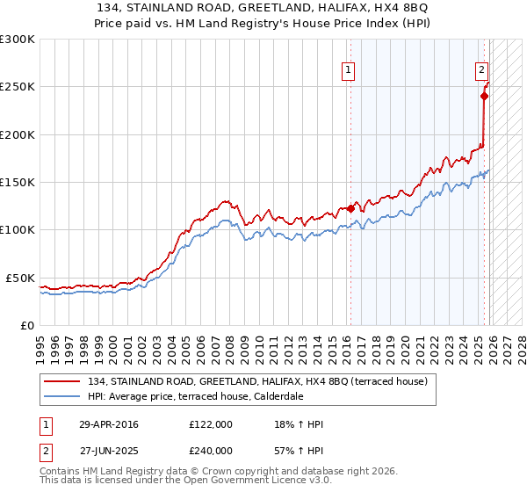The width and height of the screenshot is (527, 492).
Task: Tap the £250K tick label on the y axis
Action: click(x=18, y=87)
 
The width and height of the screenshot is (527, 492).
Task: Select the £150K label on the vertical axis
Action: click(x=18, y=183)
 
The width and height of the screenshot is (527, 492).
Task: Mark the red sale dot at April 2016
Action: click(x=350, y=208)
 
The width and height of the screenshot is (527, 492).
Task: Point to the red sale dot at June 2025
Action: click(x=484, y=96)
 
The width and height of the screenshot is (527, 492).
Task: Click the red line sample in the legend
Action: click(x=63, y=381)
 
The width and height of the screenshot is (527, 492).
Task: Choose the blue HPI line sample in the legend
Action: click(x=63, y=396)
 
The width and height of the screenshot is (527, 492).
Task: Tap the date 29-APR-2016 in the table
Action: click(x=109, y=424)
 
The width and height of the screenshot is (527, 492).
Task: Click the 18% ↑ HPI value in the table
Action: click(x=300, y=424)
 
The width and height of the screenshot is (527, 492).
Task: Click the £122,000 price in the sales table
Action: click(x=211, y=424)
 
